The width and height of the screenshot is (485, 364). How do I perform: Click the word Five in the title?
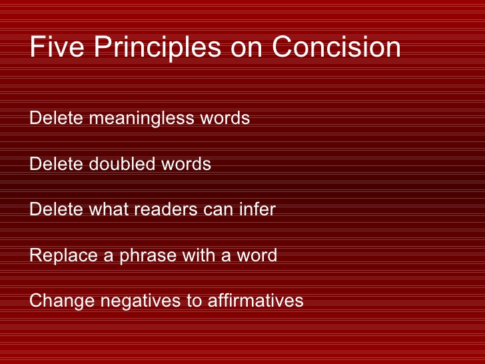click(57, 47)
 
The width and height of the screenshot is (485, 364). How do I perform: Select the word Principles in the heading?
click(157, 49)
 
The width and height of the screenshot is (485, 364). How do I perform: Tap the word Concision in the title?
click(336, 47)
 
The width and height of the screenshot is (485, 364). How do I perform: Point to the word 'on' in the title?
click(246, 49)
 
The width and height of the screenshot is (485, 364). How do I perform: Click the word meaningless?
click(141, 119)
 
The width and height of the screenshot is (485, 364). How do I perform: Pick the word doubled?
click(122, 163)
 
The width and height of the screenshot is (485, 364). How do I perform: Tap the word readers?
click(165, 209)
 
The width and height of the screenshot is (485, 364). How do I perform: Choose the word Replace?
click(63, 256)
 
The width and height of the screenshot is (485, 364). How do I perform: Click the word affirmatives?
click(256, 300)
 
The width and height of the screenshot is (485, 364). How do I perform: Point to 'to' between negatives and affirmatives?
click(195, 301)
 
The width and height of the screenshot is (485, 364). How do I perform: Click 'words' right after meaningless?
click(225, 118)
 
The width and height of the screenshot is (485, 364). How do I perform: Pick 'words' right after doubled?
click(187, 163)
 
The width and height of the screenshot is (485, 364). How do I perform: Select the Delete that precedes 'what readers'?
click(56, 209)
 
